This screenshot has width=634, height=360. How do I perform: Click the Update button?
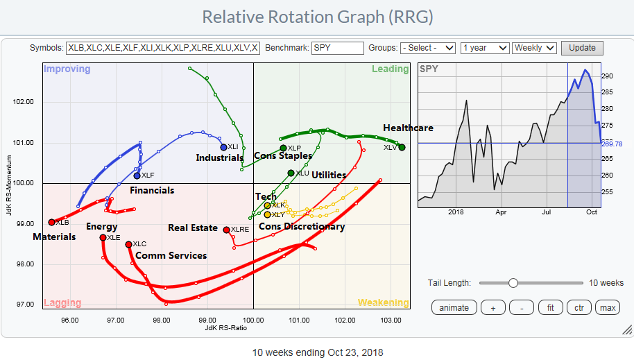coord(582,48)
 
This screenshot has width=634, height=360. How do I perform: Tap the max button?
coord(608,307)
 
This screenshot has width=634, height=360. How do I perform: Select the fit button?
coord(550,307)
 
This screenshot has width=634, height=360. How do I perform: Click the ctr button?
coord(579,307)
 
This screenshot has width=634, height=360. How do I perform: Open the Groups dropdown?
coord(428,48)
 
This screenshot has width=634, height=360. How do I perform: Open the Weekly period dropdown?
coord(534,48)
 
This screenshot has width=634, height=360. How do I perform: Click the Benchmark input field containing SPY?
coord(338,48)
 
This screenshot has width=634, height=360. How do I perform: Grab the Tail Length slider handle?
coord(513,282)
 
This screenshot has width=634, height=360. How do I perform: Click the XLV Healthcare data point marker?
coord(402,147)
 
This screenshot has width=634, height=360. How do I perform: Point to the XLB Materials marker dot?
coord(51,222)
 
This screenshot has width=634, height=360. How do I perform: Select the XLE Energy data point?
coord(103,237)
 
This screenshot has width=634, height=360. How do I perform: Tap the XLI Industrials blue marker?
coord(223,147)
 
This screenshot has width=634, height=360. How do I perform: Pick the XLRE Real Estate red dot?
coord(226,229)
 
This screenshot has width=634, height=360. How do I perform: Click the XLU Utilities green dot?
coord(291,173)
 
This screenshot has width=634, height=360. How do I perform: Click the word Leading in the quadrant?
coord(390,69)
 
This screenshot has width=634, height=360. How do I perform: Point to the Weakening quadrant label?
coord(383,302)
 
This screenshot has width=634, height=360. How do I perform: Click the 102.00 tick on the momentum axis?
coord(24,102)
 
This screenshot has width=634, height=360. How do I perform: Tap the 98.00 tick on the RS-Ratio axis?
coord(162,320)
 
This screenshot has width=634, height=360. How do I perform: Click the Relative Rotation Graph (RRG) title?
coord(316,17)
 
